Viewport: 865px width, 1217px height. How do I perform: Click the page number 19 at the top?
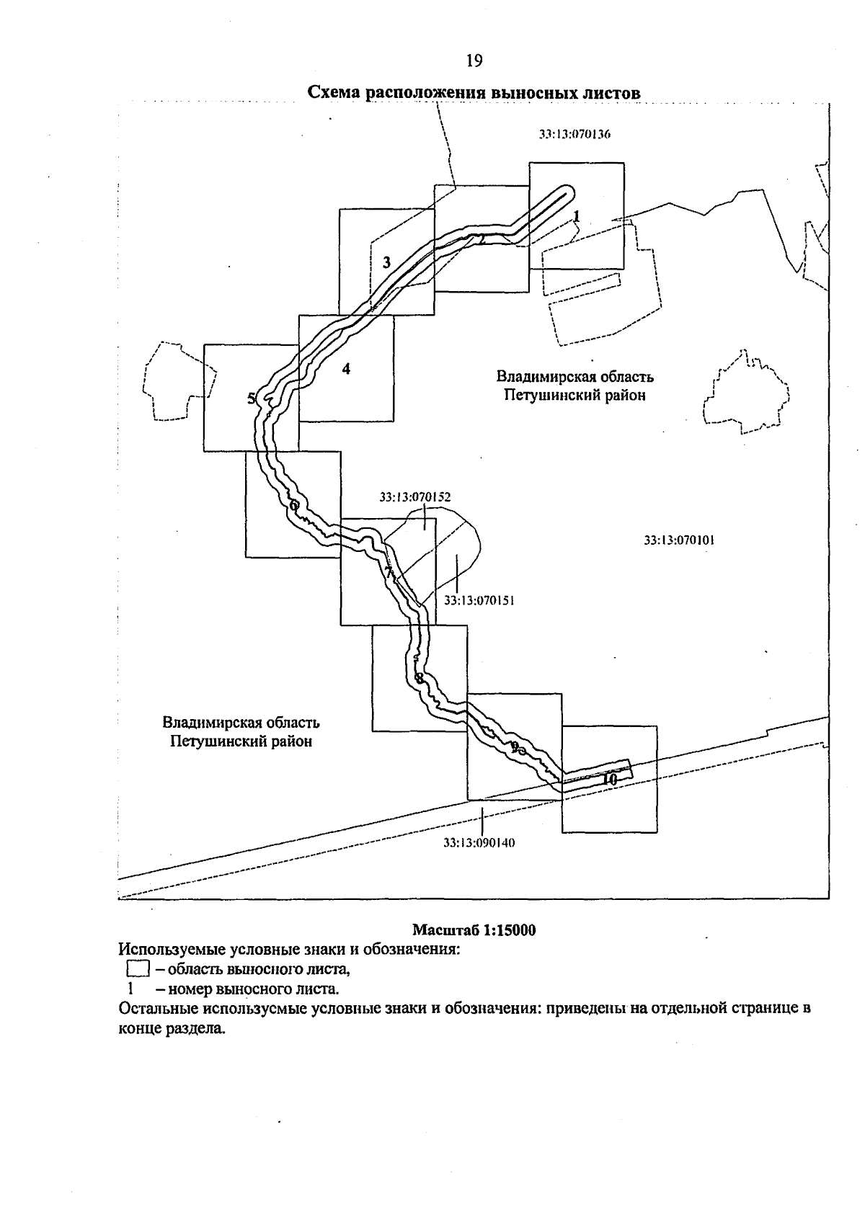click(x=474, y=61)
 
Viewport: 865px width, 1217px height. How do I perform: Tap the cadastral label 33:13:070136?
click(x=575, y=133)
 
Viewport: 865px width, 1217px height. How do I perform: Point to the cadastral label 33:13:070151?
click(x=479, y=599)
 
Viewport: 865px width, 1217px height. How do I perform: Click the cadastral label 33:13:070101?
click(x=679, y=540)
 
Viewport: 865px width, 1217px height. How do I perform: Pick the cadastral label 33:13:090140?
click(x=479, y=842)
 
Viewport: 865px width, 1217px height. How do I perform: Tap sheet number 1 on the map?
click(x=577, y=215)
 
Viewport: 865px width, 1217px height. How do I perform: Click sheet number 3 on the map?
click(x=386, y=263)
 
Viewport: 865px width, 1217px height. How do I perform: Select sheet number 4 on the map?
click(x=347, y=369)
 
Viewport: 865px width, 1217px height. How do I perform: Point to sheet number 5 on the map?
click(x=251, y=398)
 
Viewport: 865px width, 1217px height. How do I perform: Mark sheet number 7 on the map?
click(x=388, y=574)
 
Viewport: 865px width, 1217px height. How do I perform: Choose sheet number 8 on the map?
click(x=419, y=677)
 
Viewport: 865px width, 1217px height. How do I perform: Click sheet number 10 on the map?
click(x=609, y=779)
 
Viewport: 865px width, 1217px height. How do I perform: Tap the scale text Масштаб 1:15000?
click(x=474, y=930)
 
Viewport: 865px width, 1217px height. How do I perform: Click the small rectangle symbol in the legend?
click(x=137, y=968)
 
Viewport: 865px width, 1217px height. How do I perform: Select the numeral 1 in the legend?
click(x=130, y=988)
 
